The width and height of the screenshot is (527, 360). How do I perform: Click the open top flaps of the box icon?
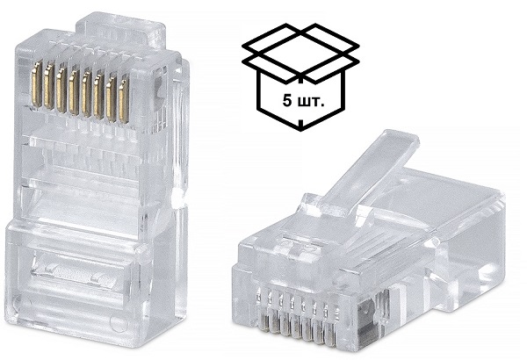(300, 45)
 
